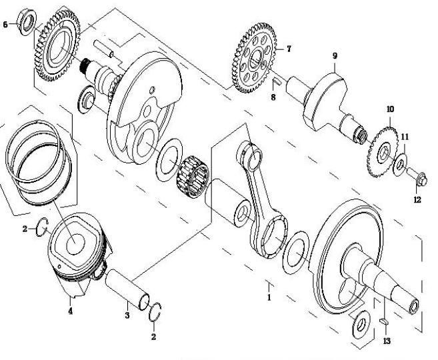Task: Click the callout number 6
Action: [x=6, y=24]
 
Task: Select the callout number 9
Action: [x=335, y=56]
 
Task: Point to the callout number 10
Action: [x=390, y=108]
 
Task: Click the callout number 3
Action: [x=127, y=313]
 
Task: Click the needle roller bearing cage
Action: [x=191, y=173]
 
